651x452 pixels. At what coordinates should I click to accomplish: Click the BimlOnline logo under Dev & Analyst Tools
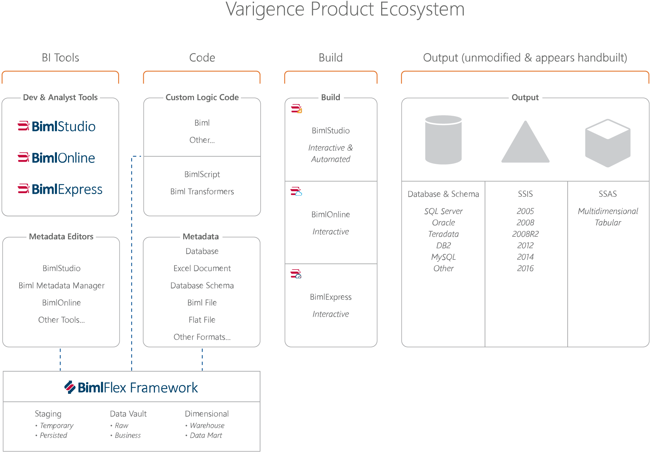(x=57, y=158)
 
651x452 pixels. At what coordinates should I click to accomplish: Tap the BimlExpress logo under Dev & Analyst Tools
(x=60, y=189)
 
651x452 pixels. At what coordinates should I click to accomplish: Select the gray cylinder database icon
(x=443, y=140)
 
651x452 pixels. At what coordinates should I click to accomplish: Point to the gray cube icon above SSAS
(x=608, y=143)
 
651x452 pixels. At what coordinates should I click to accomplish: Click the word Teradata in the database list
(x=443, y=234)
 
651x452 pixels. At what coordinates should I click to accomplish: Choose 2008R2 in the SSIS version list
(x=525, y=234)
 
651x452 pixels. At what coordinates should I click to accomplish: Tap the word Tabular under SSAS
(x=608, y=223)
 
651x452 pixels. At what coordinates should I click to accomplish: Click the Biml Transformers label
(x=202, y=192)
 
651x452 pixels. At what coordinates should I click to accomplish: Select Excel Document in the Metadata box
(x=202, y=268)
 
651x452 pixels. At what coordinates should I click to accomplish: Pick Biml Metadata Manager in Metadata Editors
(x=62, y=286)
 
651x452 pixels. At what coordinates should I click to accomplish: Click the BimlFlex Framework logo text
(x=131, y=387)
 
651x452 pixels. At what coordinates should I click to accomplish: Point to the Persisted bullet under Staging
(x=53, y=435)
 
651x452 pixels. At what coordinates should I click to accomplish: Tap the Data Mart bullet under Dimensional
(x=206, y=435)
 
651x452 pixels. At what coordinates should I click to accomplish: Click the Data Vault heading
(x=128, y=414)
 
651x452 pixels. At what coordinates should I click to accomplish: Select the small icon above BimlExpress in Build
(x=296, y=274)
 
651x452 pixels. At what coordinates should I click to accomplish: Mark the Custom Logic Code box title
(x=202, y=97)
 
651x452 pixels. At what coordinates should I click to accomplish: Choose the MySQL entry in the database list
(x=443, y=257)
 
